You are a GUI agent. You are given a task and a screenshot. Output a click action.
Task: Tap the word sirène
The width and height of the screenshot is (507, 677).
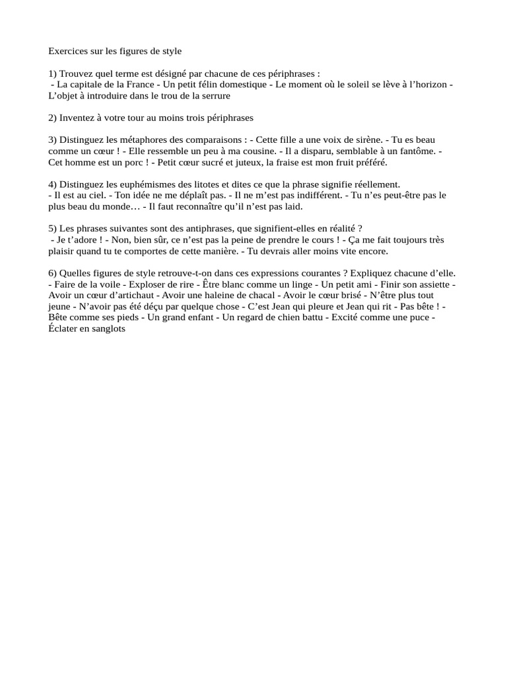click(x=368, y=140)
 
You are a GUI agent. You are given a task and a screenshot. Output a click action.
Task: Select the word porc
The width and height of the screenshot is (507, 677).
click(x=124, y=163)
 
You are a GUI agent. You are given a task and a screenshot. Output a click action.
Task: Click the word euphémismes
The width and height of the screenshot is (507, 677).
click(x=144, y=184)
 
